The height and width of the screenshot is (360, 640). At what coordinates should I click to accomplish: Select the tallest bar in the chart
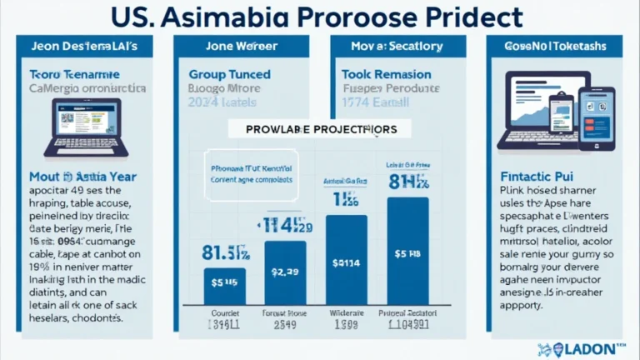click(408, 250)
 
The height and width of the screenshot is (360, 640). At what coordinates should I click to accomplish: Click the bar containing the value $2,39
click(285, 272)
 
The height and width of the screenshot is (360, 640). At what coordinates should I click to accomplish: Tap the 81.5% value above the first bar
click(226, 252)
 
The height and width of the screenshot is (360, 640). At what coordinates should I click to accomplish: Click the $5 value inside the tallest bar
click(408, 253)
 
